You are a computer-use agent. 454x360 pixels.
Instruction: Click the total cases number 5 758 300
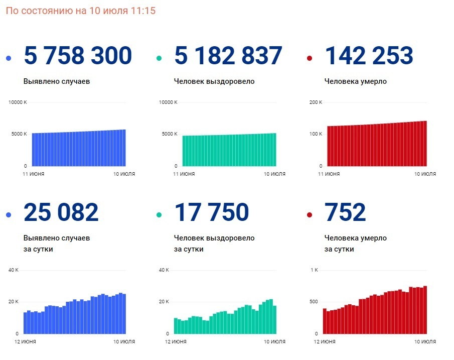(78, 56)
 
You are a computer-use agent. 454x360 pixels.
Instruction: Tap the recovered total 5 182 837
(228, 56)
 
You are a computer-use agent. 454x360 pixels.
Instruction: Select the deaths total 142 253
(369, 56)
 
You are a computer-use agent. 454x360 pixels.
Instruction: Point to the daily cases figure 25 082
(61, 212)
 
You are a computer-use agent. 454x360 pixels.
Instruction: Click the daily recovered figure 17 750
(212, 212)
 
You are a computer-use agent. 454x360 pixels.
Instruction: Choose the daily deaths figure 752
(345, 212)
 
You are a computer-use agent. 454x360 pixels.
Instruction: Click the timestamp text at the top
(81, 11)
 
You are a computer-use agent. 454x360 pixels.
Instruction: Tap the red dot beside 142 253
(310, 59)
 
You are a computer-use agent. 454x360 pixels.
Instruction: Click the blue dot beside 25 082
(9, 215)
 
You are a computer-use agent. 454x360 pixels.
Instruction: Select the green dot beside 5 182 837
(159, 59)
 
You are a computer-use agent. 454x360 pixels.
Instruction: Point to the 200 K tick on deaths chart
(316, 102)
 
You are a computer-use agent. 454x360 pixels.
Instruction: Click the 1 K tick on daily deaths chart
(314, 270)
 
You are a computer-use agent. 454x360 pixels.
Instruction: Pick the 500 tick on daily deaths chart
(314, 302)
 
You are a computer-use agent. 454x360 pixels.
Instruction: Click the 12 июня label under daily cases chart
(25, 342)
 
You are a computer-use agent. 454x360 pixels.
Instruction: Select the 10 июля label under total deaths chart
(425, 174)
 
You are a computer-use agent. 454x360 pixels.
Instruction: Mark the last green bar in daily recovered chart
(274, 319)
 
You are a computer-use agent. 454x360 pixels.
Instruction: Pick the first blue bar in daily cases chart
(25, 323)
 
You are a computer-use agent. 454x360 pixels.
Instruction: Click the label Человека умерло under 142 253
(356, 81)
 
